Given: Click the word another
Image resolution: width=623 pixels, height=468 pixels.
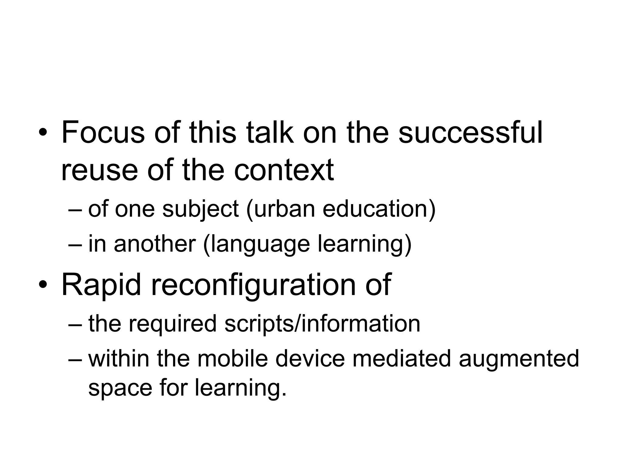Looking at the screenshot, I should pyautogui.click(x=155, y=244).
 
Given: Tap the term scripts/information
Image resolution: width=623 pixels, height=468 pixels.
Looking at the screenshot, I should pyautogui.click(x=322, y=324).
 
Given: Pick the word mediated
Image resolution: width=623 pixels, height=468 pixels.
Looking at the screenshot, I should pyautogui.click(x=402, y=358).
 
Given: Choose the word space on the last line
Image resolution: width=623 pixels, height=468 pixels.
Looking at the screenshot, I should pyautogui.click(x=120, y=388).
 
